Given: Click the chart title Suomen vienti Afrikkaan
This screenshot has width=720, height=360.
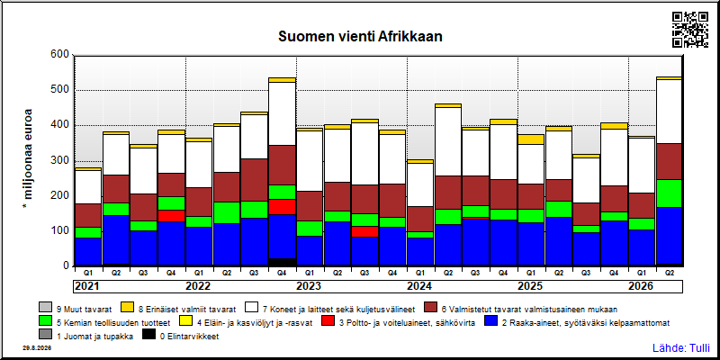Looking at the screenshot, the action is (x=360, y=37).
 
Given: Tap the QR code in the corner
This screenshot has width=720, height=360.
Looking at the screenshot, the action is (x=690, y=30).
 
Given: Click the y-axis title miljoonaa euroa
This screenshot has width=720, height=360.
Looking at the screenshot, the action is (x=28, y=160).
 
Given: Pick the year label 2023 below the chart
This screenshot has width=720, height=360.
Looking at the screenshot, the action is (x=309, y=286).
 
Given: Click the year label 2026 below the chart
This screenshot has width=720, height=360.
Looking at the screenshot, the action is (x=641, y=286).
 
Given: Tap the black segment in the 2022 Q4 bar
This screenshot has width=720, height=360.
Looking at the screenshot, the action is (x=282, y=262).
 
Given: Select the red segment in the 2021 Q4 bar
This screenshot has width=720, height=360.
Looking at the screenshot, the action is (x=171, y=216).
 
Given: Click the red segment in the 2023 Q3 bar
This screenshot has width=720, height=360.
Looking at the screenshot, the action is (x=365, y=231).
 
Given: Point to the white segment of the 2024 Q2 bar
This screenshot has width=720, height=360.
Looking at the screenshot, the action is (x=448, y=141).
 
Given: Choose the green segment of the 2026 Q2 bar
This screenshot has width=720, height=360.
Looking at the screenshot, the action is (x=670, y=193).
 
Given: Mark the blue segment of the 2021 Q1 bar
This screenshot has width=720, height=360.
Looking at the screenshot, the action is (x=88, y=252).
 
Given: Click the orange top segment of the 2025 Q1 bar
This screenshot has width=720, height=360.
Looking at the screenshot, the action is (x=531, y=139).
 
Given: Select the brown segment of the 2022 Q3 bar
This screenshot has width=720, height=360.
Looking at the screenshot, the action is (x=255, y=180).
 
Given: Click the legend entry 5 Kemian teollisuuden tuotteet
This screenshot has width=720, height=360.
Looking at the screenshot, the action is (x=104, y=322).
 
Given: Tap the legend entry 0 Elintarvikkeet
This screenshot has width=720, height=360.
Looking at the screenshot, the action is (x=180, y=337).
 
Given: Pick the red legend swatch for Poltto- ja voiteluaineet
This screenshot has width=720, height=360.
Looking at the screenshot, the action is (x=328, y=322).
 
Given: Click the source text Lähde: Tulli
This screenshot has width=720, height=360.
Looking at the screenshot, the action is (x=681, y=348).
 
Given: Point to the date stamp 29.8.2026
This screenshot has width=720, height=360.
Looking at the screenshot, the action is (x=37, y=347).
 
